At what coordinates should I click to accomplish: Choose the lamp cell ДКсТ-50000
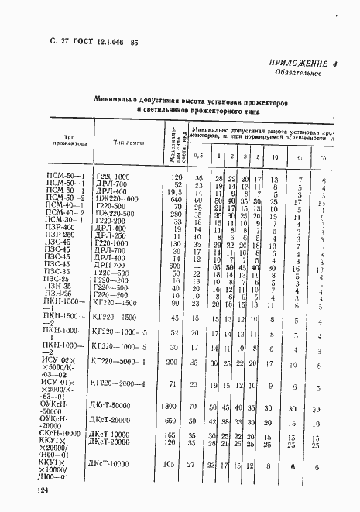tap(114, 405)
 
